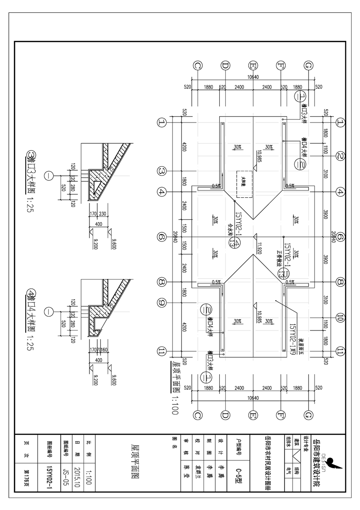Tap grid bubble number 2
point(340,156)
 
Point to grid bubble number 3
point(161,171)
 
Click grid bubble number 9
point(161,303)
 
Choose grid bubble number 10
point(340,317)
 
